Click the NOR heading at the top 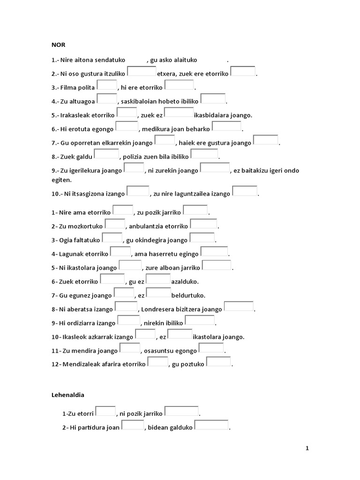pos(58,45)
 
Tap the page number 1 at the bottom pos(307,449)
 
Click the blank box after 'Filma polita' pos(107,86)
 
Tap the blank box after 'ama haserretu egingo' pos(215,252)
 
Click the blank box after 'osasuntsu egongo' pos(211,349)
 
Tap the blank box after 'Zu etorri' pos(106,412)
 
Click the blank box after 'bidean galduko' pos(211,426)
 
